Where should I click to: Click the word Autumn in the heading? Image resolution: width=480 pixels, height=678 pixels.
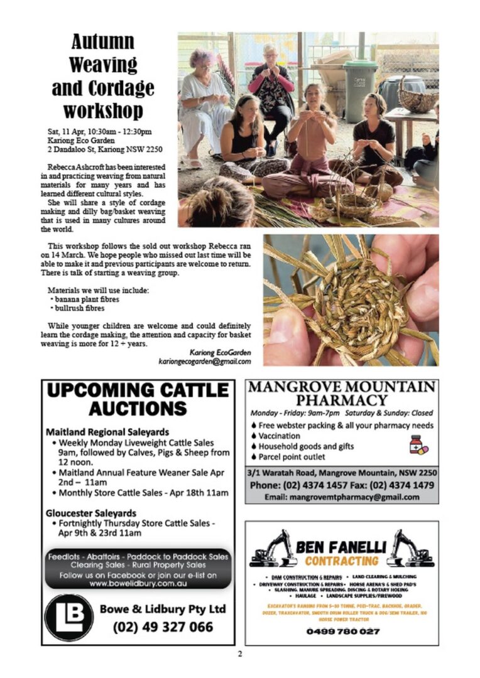point(103,42)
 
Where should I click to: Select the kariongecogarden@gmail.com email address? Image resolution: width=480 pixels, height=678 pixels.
point(205,362)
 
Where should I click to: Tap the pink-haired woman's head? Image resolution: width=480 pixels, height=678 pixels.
point(204,60)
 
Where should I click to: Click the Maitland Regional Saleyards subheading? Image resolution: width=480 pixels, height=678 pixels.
point(107,433)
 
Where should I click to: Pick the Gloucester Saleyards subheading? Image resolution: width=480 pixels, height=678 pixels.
point(91,513)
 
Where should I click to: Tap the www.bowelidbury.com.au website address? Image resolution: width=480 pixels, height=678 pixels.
point(138,583)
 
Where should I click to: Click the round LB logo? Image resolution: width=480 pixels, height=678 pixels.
point(69,617)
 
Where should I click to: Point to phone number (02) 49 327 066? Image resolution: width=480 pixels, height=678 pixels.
point(163,627)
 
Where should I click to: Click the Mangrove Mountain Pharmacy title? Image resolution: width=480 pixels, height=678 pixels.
point(341,393)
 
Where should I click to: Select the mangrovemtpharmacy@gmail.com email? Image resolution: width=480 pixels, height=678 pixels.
point(342,497)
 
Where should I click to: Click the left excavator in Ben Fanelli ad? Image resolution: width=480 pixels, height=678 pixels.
point(273,548)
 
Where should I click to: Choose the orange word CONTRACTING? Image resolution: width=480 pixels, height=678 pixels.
point(342,560)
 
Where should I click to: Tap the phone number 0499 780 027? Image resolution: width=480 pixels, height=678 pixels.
point(342,631)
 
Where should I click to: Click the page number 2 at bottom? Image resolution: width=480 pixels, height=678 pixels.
point(239,654)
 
